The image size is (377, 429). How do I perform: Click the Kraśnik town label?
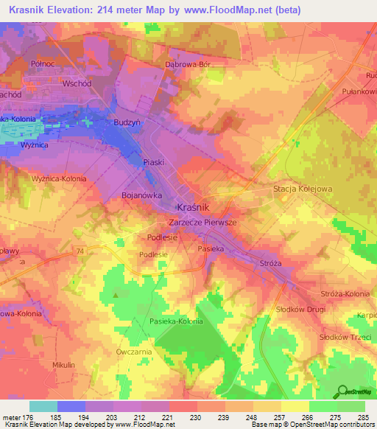194,208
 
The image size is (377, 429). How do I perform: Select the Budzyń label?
127,122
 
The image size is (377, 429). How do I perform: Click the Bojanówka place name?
141,196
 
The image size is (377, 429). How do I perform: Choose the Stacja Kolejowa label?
303,189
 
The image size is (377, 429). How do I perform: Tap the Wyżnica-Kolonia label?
59,179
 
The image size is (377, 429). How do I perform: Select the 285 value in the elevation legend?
364,417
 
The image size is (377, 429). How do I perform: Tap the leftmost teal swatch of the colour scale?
43,406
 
